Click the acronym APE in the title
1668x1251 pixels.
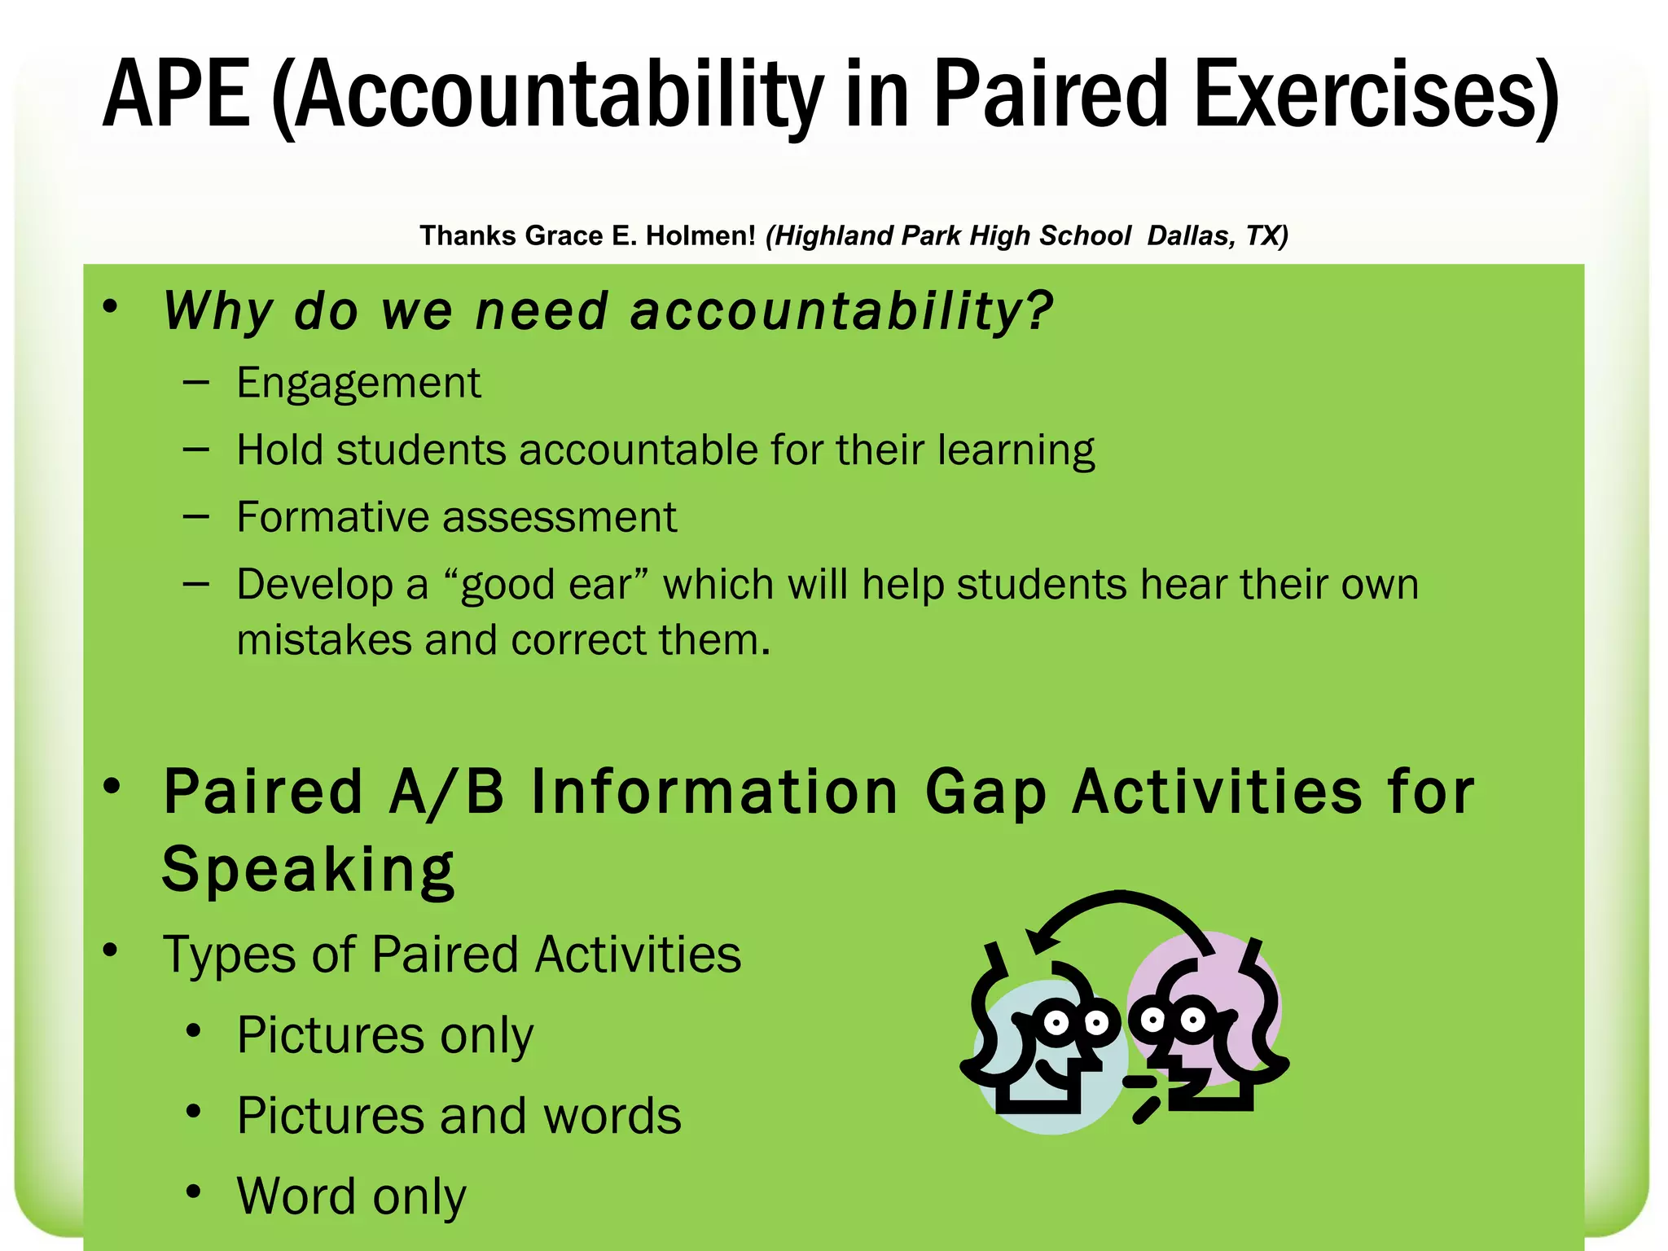click(x=176, y=95)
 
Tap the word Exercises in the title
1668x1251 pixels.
click(x=1376, y=95)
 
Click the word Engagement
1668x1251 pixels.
click(x=358, y=383)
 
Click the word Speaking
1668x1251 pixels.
click(x=308, y=870)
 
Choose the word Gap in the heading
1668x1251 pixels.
click(x=985, y=792)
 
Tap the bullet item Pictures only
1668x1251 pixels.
click(x=384, y=1035)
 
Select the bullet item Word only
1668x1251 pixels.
click(x=351, y=1196)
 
